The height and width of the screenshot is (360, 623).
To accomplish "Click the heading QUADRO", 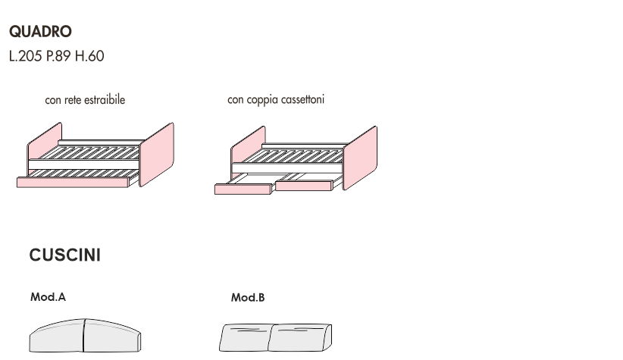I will pyautogui.click(x=40, y=32).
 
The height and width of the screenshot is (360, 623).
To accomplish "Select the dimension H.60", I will pyautogui.click(x=89, y=56).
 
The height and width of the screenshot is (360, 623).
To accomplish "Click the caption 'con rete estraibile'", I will pyautogui.click(x=85, y=100).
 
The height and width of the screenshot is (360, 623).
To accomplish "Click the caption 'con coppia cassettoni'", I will pyautogui.click(x=276, y=100).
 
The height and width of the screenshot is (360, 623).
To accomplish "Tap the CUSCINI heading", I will pyautogui.click(x=64, y=255).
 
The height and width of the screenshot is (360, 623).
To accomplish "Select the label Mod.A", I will pyautogui.click(x=48, y=298).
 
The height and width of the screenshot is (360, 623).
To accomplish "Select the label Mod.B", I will pyautogui.click(x=248, y=298).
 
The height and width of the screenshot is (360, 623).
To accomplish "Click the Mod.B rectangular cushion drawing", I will pyautogui.click(x=274, y=337).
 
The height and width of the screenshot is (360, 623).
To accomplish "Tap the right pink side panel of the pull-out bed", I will pyautogui.click(x=157, y=154).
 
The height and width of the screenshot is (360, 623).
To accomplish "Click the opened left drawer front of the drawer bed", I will pyautogui.click(x=243, y=189).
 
